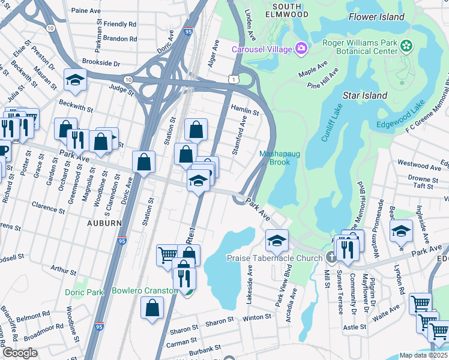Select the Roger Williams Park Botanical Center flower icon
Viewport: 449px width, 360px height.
point(407,46)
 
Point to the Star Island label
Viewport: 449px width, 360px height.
point(364,95)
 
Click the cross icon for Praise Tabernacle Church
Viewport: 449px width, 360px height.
point(331,258)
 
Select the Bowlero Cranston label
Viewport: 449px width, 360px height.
point(144,291)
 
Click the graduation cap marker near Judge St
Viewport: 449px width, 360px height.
point(76,79)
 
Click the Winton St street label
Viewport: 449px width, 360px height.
point(257,317)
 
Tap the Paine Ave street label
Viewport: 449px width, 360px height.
point(86,11)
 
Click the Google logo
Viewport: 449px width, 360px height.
point(19,353)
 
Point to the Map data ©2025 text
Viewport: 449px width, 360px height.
point(423,355)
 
